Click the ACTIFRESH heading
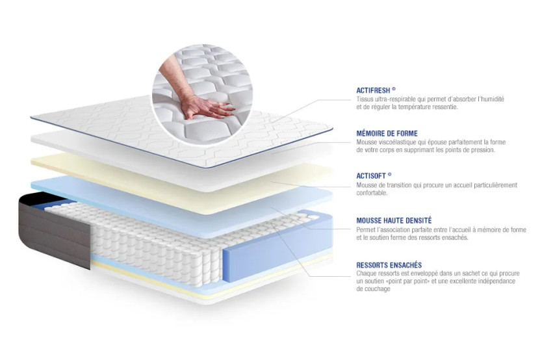click(x=375, y=90)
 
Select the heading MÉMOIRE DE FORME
click(x=387, y=133)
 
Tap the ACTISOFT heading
click(x=373, y=175)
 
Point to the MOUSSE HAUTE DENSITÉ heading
click(x=394, y=221)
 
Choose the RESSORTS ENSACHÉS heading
click(x=389, y=264)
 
